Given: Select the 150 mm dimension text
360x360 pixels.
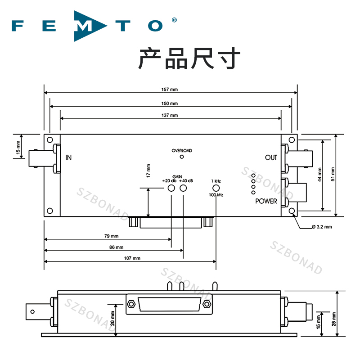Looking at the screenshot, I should (170, 103).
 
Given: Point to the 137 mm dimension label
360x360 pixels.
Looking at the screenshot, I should (170, 115).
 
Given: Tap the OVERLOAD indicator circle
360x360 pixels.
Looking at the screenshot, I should (182, 157).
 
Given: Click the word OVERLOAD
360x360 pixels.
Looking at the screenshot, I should (182, 150).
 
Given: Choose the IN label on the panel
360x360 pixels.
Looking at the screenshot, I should (68, 157).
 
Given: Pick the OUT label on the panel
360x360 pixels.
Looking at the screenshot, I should (271, 157).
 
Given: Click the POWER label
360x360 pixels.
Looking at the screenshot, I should (266, 201).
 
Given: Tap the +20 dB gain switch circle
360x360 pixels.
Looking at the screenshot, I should (171, 188).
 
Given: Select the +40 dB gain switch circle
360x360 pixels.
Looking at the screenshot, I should (183, 188).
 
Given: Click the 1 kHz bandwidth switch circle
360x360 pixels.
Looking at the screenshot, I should (216, 188).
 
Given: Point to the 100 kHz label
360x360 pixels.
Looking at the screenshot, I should (216, 195).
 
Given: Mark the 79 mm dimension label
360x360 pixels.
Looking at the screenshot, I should (111, 236).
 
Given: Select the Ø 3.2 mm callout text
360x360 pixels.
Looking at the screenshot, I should (322, 227).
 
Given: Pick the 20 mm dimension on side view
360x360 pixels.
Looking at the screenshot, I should (112, 319).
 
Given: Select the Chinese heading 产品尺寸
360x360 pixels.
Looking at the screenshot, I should (189, 58).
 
